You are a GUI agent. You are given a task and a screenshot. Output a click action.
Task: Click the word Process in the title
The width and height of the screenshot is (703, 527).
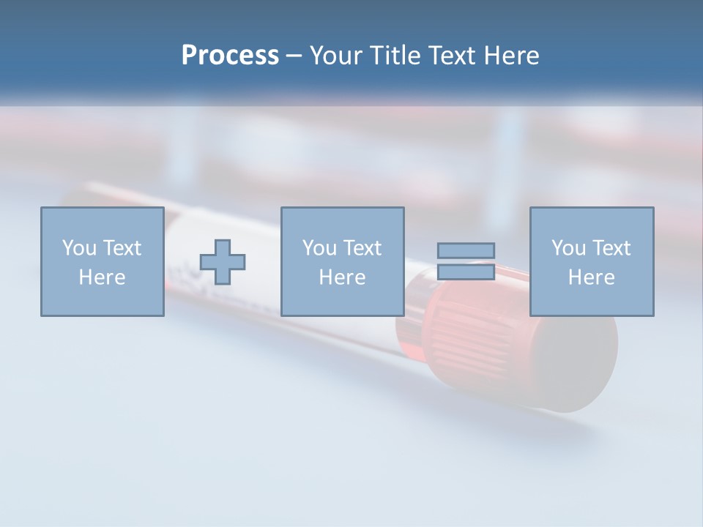(x=230, y=56)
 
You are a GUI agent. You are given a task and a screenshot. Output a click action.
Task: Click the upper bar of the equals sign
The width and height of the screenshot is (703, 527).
(x=466, y=250)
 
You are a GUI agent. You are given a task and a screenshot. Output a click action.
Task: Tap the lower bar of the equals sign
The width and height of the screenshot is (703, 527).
(x=466, y=272)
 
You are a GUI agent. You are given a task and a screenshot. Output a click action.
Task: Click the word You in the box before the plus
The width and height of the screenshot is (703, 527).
(x=79, y=248)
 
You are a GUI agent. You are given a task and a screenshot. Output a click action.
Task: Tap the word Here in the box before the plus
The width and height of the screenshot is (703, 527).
(x=102, y=277)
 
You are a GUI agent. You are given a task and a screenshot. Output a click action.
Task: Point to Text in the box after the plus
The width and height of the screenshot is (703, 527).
(x=362, y=248)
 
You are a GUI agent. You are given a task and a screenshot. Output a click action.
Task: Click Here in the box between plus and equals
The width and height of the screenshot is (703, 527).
(x=342, y=277)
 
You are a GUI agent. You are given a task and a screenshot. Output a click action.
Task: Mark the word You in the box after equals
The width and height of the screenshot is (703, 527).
(x=568, y=248)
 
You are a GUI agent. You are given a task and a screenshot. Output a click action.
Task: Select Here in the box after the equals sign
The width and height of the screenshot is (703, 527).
(x=591, y=277)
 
